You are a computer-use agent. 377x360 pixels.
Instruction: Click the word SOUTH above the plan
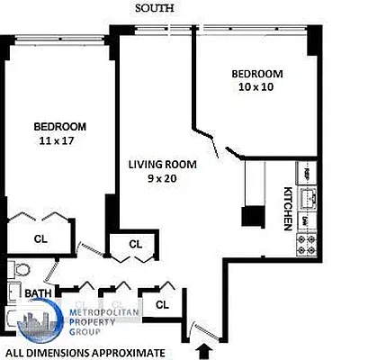[155, 8]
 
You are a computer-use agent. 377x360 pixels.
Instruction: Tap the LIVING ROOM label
[163, 164]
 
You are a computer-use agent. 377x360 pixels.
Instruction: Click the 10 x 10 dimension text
[256, 87]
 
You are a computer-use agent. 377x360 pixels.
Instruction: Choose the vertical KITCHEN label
[289, 206]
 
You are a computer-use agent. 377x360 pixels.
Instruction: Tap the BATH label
[38, 293]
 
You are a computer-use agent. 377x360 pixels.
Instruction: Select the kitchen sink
[307, 196]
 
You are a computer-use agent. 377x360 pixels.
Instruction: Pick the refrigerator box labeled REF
[307, 173]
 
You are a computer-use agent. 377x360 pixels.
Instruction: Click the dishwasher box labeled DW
[306, 220]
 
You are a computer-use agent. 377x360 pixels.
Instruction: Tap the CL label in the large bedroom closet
[40, 238]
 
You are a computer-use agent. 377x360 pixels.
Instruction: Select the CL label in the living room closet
[135, 244]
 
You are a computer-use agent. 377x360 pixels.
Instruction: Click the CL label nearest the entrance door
[162, 305]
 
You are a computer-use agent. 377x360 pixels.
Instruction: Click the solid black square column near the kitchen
[253, 216]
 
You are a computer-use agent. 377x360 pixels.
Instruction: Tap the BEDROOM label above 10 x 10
[256, 74]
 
